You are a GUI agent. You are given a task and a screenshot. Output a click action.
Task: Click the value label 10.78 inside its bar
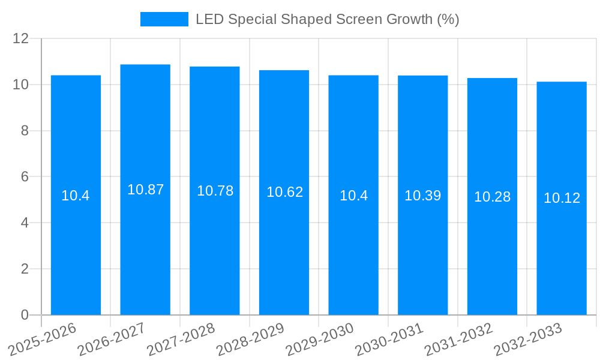(x=215, y=191)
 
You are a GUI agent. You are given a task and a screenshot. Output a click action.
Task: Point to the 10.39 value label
(x=422, y=196)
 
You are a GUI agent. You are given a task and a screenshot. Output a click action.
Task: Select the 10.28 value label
(x=492, y=197)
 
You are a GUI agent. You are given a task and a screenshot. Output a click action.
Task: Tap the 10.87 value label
(x=145, y=190)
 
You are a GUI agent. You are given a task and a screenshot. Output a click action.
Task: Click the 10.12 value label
(x=562, y=198)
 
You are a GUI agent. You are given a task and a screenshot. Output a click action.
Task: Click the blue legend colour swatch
(x=164, y=19)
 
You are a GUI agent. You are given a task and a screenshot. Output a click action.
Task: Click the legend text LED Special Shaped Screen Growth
(x=327, y=19)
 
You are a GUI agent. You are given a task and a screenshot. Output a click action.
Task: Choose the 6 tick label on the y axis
(x=25, y=177)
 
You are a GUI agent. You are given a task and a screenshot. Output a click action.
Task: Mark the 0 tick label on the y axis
(x=25, y=315)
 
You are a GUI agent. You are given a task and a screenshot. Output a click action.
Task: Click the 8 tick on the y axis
(x=25, y=131)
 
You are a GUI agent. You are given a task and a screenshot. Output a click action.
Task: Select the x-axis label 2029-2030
(x=320, y=339)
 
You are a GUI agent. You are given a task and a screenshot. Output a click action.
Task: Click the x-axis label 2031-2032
(x=458, y=339)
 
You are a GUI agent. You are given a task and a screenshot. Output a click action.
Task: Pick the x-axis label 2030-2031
(x=389, y=339)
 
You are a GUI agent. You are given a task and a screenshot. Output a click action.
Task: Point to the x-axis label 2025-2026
(x=43, y=339)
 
